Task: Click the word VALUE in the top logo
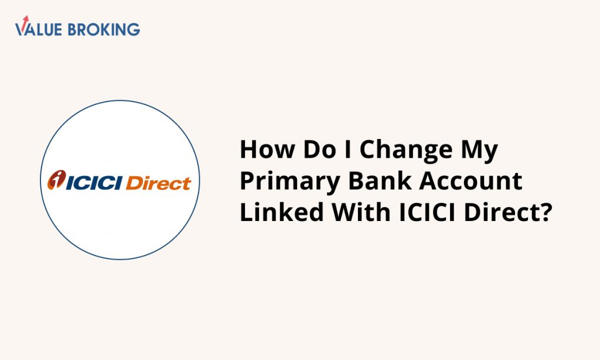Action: [38, 29]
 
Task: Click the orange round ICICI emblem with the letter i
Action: [56, 179]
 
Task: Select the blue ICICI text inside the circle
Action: [94, 183]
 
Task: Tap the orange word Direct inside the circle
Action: [158, 183]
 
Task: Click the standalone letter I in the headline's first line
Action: [348, 149]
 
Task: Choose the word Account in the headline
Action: [471, 181]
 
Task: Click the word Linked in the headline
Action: [282, 212]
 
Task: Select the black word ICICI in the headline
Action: [427, 212]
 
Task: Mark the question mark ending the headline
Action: [544, 212]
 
